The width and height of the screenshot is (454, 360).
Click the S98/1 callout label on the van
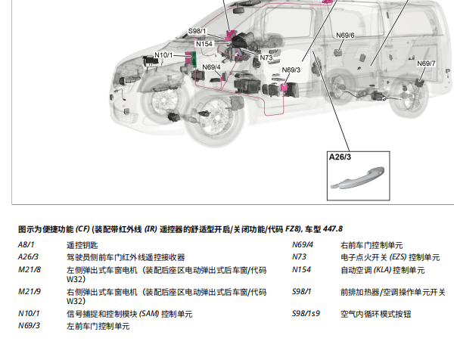click(x=197, y=31)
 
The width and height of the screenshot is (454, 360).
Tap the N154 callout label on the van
click(x=204, y=44)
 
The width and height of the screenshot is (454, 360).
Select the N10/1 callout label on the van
click(x=163, y=55)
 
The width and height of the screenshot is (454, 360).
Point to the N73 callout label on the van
click(x=266, y=57)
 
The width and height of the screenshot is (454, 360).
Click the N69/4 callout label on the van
click(x=211, y=67)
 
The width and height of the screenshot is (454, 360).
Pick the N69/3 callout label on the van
click(x=291, y=70)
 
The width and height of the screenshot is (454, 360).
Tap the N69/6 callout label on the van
click(x=345, y=36)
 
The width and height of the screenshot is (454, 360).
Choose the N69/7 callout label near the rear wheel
click(x=426, y=64)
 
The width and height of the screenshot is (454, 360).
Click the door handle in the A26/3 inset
click(x=358, y=178)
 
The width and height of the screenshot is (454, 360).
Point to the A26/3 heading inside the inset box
click(x=340, y=157)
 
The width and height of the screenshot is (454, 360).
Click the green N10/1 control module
click(x=194, y=59)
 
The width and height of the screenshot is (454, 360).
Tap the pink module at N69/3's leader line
click(x=284, y=87)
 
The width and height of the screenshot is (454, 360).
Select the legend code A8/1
click(x=26, y=245)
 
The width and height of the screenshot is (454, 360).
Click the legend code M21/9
click(x=30, y=291)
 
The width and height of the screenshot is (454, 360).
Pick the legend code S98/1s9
click(x=306, y=313)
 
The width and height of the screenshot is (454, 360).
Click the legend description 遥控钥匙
click(x=82, y=245)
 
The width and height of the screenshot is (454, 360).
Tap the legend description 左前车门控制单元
click(x=98, y=326)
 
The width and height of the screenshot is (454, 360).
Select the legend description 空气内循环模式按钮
click(x=376, y=314)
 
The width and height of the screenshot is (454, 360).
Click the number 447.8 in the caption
click(x=333, y=229)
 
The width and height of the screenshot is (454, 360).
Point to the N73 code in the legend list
click(x=299, y=256)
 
